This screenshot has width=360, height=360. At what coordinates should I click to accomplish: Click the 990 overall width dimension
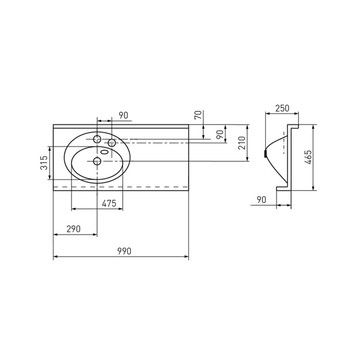point(124,251)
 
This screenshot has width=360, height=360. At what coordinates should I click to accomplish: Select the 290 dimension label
point(73,229)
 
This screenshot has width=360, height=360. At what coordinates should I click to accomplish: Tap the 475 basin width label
point(109,203)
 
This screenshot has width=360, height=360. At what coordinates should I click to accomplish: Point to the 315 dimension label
point(44,163)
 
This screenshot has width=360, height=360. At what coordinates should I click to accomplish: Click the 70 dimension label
point(198,115)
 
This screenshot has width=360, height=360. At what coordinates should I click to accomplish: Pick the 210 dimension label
point(242,143)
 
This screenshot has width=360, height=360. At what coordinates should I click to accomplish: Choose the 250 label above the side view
point(283,108)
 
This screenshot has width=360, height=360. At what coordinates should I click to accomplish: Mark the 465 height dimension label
point(309,157)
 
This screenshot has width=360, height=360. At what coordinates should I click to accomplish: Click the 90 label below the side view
point(262,200)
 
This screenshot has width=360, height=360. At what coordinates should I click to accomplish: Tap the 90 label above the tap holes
point(124,115)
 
